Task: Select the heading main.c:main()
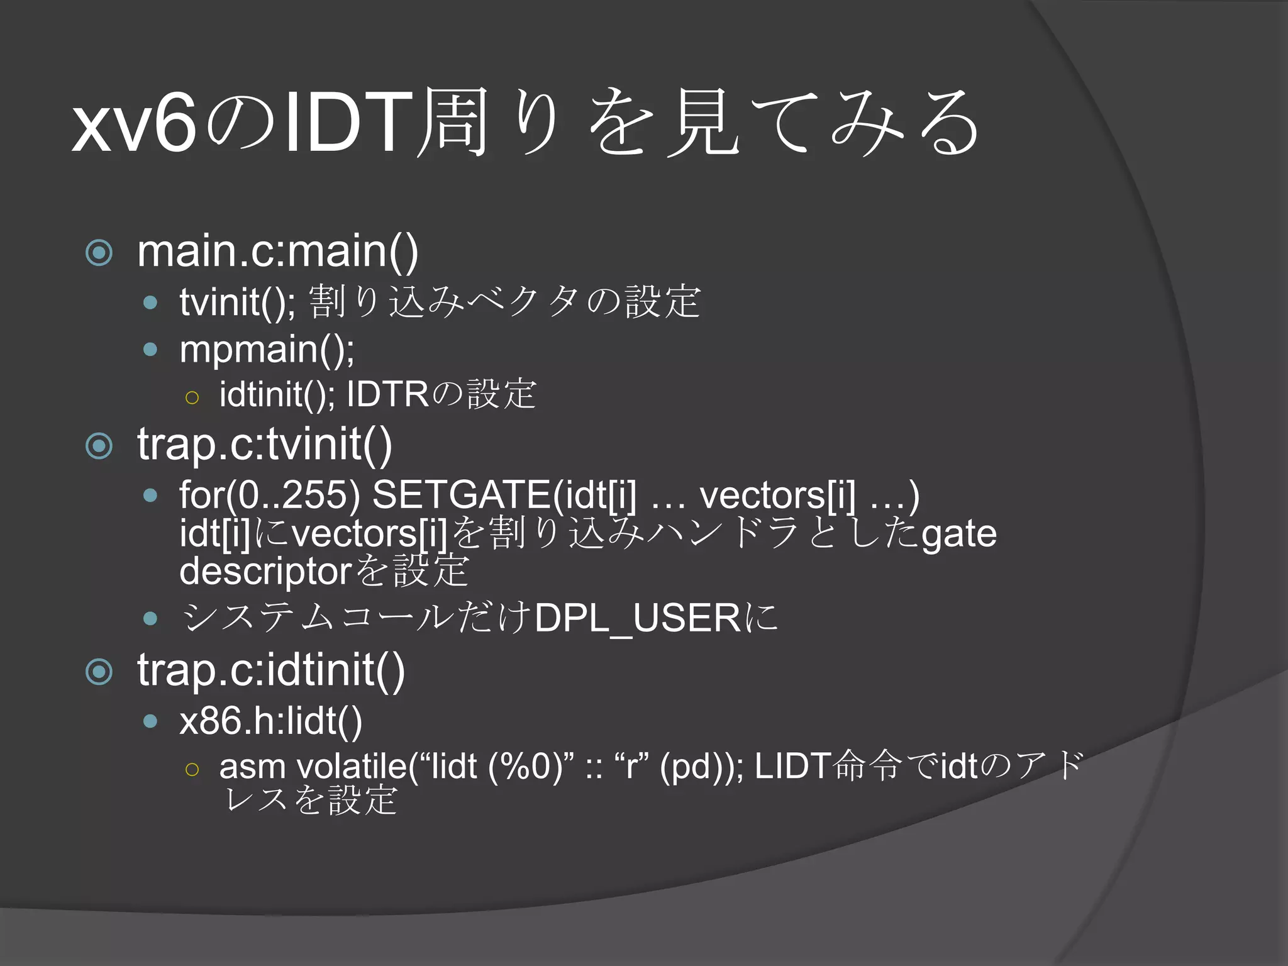coord(277,252)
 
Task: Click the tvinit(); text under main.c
coord(238,302)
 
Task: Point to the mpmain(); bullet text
coord(267,350)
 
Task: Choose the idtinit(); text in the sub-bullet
coord(277,394)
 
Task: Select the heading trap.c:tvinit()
coord(265,445)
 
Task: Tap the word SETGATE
coord(462,494)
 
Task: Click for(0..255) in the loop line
coord(270,494)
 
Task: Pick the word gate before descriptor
coord(959,534)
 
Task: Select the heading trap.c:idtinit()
coord(271,670)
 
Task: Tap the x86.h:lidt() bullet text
coord(270,721)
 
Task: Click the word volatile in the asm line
coord(352,767)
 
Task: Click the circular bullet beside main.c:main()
coord(99,253)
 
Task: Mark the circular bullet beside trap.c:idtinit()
coord(99,672)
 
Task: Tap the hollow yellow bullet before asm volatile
coord(192,769)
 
